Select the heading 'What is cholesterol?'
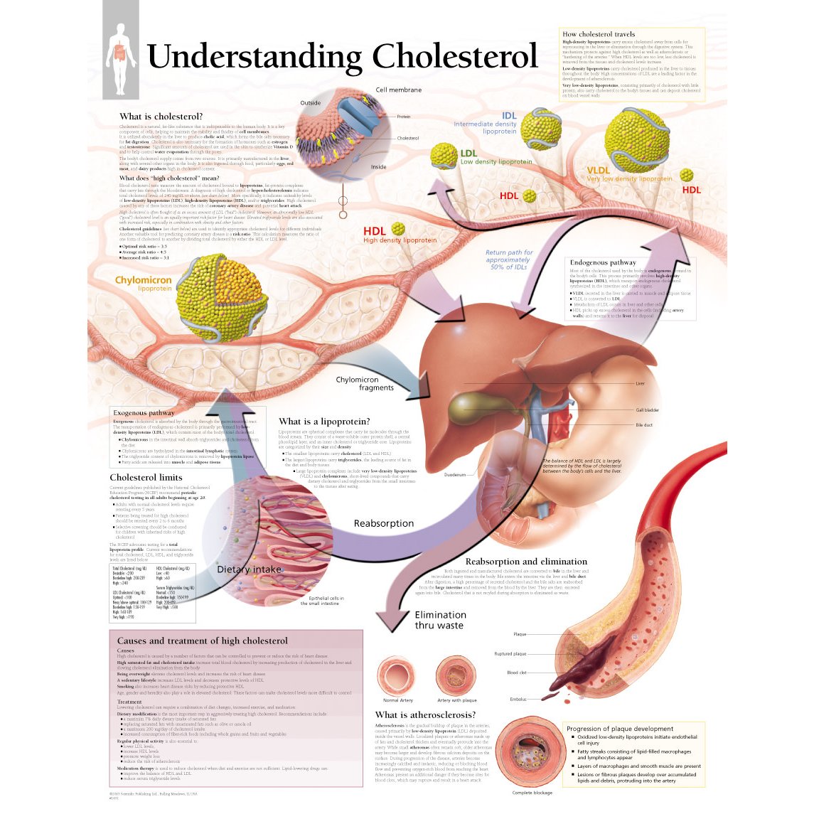point(161,117)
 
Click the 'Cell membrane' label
point(398,90)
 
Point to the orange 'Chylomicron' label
point(144,280)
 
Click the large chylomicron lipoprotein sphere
point(221,299)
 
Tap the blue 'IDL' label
point(509,116)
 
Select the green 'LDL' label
point(468,153)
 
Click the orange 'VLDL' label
point(598,171)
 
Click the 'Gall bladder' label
point(647,410)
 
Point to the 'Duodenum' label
point(455,475)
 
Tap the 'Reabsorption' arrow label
point(384,524)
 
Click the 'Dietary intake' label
point(250,569)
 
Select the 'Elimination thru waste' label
point(440,620)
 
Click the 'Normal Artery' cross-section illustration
point(397,674)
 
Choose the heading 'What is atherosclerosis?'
point(425,715)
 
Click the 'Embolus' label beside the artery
point(518,700)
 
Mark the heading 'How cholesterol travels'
point(599,34)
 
